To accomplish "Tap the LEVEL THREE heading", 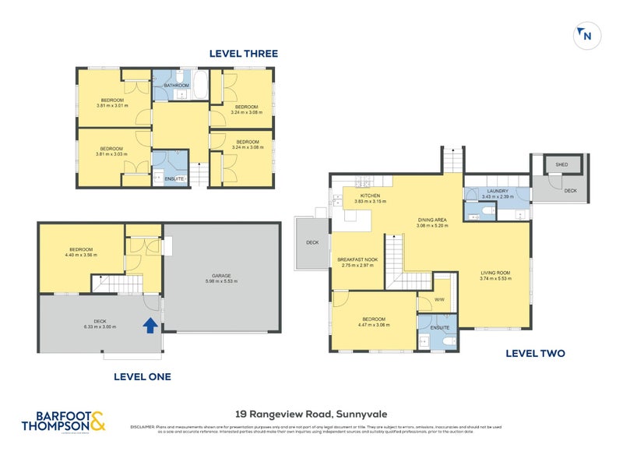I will point(243,54).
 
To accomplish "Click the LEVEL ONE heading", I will point(143,376).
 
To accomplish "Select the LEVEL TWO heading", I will point(535,353).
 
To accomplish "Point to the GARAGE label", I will point(221,275).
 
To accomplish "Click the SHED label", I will point(561,165).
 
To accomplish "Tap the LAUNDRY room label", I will point(498,191).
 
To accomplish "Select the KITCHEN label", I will point(369,196).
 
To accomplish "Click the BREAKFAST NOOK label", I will point(358,260).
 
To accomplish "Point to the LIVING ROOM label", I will point(495,272).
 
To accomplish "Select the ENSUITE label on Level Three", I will point(175,178).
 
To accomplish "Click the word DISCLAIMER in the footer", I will point(144,427).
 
